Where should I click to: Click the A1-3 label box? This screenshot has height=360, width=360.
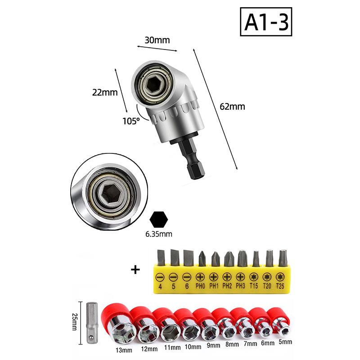(x=266, y=22)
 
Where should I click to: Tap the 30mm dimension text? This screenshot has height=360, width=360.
(x=157, y=40)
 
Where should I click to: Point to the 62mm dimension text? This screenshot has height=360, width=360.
(x=232, y=107)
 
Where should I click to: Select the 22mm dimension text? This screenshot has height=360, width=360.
(x=105, y=93)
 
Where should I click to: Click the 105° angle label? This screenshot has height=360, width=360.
(x=131, y=121)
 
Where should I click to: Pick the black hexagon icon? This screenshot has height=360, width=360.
(x=159, y=220)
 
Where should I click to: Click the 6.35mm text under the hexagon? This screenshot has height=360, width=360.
(x=159, y=234)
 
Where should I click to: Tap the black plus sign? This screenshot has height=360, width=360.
(x=135, y=270)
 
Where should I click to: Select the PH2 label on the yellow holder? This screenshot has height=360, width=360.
(x=227, y=286)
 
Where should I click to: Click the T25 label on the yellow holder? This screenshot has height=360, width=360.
(x=280, y=286)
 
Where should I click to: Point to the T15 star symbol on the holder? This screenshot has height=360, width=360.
(x=254, y=277)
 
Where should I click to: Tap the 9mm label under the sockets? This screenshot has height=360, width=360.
(x=213, y=345)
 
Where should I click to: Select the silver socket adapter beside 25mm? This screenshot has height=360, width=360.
(x=92, y=323)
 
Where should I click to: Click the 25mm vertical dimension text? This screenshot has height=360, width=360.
(x=74, y=322)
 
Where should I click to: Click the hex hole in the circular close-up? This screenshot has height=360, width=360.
(x=112, y=194)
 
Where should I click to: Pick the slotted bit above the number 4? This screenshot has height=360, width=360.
(x=160, y=258)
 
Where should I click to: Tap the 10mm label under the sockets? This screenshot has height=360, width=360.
(x=193, y=346)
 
